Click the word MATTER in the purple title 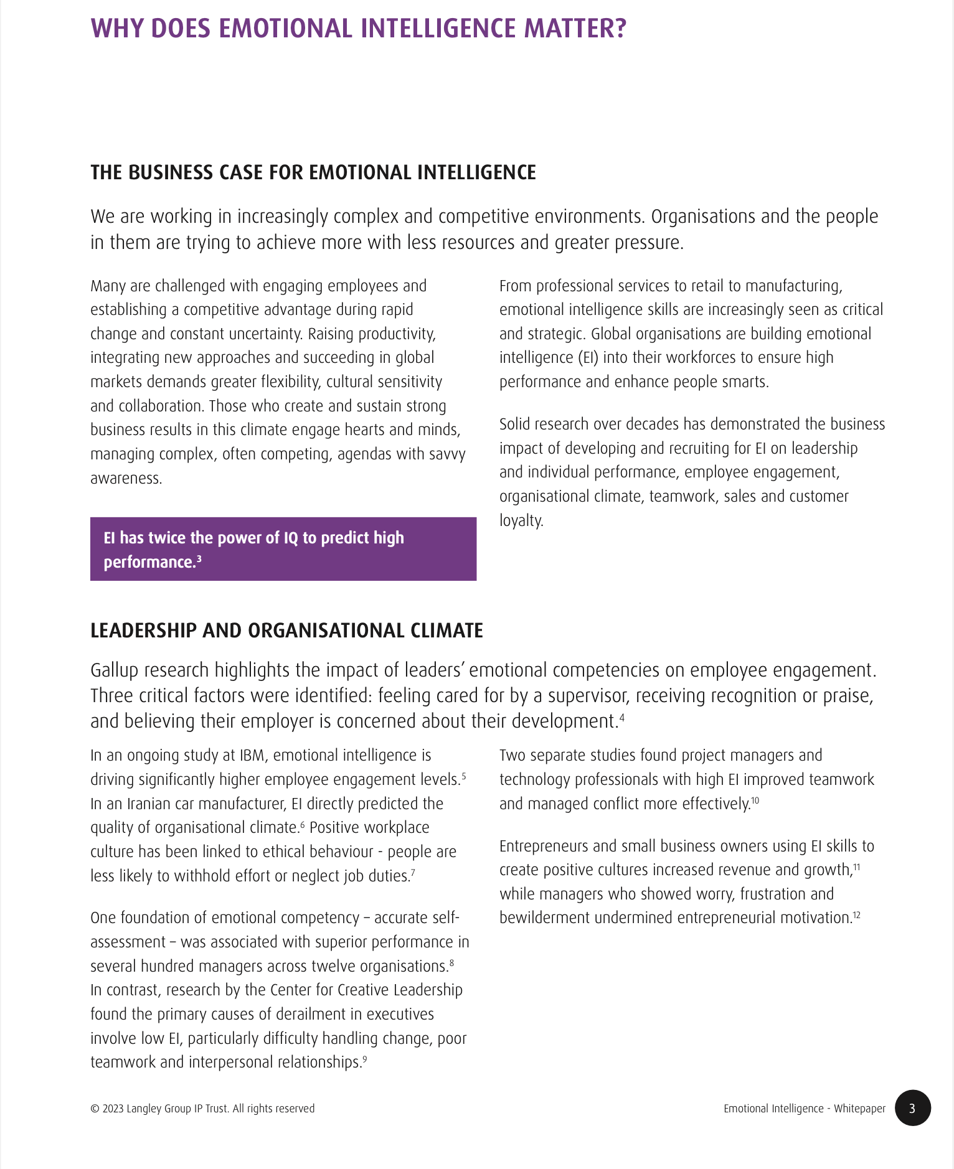point(572,29)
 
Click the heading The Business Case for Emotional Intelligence point(313,172)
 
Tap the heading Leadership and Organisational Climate point(286,631)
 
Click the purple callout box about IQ point(283,549)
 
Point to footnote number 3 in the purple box point(199,558)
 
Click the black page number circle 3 point(912,1108)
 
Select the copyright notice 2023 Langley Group point(202,1109)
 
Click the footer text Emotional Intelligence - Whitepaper point(804,1109)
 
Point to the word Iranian point(149,804)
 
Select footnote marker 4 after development point(621,717)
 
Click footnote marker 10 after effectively point(755,800)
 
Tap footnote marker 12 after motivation point(856,914)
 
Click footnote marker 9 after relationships point(365,1058)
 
